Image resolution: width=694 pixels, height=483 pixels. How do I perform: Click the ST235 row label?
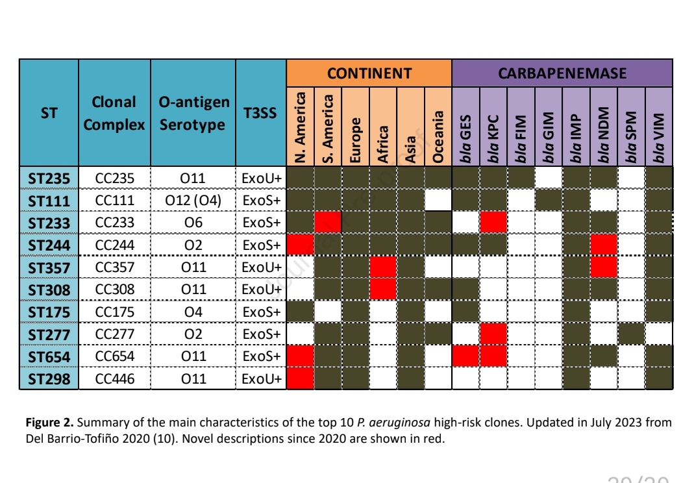pyautogui.click(x=49, y=178)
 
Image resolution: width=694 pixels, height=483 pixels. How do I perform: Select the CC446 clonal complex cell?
pyautogui.click(x=115, y=378)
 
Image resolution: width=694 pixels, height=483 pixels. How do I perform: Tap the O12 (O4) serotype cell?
pyautogui.click(x=193, y=201)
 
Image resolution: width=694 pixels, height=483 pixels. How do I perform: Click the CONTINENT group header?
pyautogui.click(x=369, y=73)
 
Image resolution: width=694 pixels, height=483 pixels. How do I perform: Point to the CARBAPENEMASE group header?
pyautogui.click(x=562, y=73)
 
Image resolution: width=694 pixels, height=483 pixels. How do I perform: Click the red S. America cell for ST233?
pyautogui.click(x=328, y=223)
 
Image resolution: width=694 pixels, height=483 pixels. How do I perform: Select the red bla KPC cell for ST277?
pyautogui.click(x=493, y=334)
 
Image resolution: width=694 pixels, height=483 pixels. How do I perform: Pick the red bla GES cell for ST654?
pyautogui.click(x=465, y=356)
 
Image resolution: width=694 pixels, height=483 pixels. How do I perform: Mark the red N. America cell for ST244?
pyautogui.click(x=300, y=245)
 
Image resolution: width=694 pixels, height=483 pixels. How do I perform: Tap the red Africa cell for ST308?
pyautogui.click(x=382, y=289)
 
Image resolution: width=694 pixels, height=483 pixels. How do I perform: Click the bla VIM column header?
pyautogui.click(x=659, y=127)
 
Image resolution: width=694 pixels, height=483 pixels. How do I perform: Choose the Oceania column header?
pyautogui.click(x=438, y=127)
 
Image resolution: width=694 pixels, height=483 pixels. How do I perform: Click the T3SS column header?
pyautogui.click(x=260, y=113)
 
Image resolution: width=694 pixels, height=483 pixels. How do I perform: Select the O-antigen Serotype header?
pyautogui.click(x=193, y=113)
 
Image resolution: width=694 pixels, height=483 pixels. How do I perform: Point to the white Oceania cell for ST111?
pyautogui.click(x=438, y=201)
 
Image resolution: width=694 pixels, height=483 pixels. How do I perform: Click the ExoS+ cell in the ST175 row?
pyautogui.click(x=260, y=312)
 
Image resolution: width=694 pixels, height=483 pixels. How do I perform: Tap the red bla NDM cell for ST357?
pyautogui.click(x=603, y=267)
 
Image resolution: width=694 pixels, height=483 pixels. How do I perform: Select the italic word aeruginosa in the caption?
pyautogui.click(x=398, y=423)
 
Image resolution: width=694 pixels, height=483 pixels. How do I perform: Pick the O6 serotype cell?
pyautogui.click(x=193, y=223)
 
